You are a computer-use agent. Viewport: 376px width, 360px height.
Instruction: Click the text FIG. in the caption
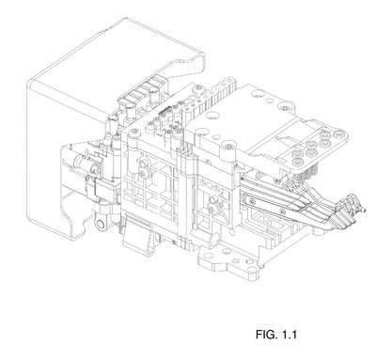click(265, 335)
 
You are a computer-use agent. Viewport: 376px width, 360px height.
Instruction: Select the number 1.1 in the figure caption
click(289, 335)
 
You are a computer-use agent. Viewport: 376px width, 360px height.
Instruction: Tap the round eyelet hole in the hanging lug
click(101, 225)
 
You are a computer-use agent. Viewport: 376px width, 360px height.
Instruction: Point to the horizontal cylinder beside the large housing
click(82, 162)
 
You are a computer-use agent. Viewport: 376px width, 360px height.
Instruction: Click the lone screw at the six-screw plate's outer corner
click(337, 134)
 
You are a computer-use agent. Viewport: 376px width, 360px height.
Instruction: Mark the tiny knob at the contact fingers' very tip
click(363, 211)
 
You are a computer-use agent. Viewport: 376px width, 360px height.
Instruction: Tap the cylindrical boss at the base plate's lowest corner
click(251, 274)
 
